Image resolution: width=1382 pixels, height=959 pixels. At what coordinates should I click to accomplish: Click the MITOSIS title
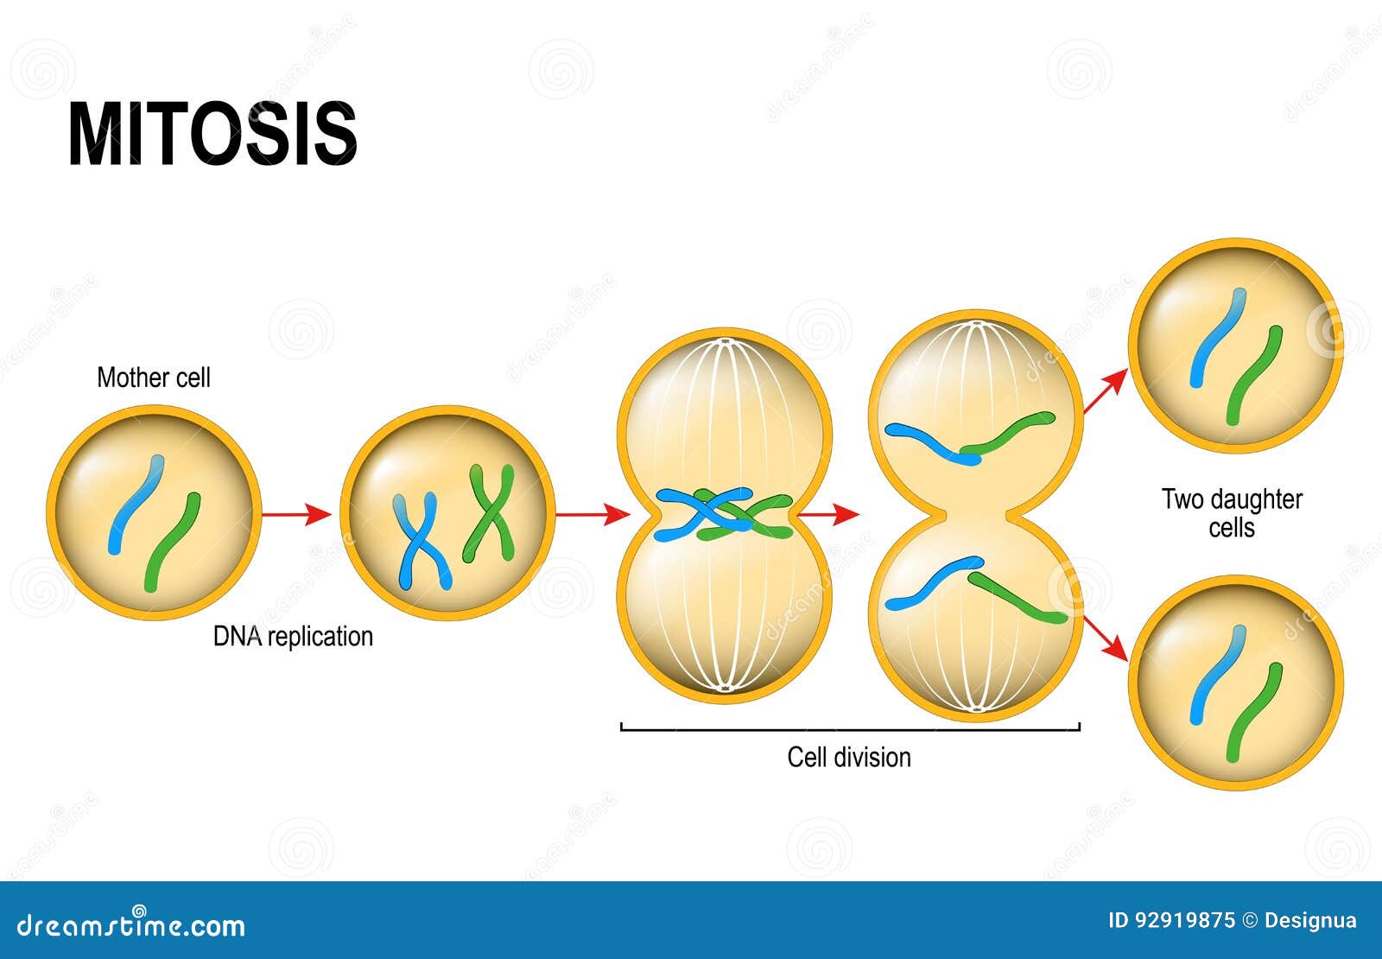point(212,133)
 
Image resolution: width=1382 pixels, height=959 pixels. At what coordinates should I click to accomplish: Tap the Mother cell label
point(154,377)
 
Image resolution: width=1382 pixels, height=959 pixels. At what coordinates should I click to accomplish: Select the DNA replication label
point(293,636)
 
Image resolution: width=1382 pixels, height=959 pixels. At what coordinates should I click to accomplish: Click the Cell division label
point(849,757)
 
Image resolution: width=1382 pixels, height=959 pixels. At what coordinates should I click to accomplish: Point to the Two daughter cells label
point(1232,513)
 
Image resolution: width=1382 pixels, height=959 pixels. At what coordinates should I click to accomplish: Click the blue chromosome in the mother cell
point(136,505)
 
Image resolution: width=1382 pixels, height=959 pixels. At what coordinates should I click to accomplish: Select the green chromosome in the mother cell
point(172,543)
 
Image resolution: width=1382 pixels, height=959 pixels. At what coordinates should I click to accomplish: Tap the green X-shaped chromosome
point(489,513)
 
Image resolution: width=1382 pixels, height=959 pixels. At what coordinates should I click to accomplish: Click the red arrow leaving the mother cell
point(296,513)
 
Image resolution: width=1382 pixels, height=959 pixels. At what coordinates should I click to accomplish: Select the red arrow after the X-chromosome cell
point(593,513)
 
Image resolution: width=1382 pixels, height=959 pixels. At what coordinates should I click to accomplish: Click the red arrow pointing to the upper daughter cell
point(1106,391)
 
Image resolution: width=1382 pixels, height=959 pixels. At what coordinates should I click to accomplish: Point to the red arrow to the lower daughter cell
point(1106,638)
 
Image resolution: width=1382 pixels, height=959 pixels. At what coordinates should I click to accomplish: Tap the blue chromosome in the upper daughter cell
point(1219,338)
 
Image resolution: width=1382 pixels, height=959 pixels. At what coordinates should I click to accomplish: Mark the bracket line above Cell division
point(850,729)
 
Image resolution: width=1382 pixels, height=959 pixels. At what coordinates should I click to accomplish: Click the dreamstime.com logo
point(130,924)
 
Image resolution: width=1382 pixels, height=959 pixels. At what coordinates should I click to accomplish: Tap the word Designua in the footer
point(1310,921)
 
